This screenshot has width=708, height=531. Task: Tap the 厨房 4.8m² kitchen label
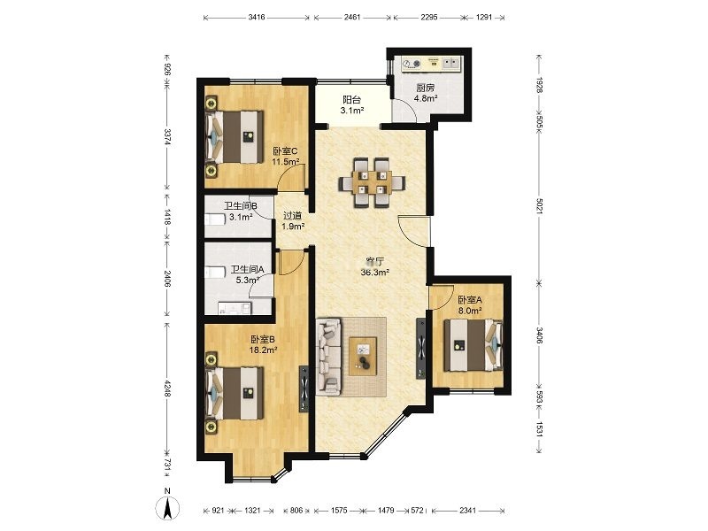point(426,93)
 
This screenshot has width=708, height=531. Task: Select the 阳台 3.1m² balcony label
point(351,104)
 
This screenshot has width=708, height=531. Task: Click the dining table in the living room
point(373,182)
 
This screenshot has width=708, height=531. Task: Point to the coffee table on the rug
point(363,356)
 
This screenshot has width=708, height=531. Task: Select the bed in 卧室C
point(235,136)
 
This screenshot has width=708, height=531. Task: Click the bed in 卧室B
point(235,393)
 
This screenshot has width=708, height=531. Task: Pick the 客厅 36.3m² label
point(374,267)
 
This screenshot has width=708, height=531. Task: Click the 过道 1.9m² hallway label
point(293,220)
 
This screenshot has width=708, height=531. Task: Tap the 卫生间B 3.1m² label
point(241,212)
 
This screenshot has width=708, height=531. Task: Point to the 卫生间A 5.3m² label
point(248,274)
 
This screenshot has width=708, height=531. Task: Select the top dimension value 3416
point(257,18)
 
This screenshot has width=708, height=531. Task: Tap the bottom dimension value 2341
point(468,511)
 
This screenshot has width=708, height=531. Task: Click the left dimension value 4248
point(167,389)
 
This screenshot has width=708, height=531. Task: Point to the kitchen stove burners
point(412,64)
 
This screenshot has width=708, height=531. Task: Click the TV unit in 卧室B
point(304,389)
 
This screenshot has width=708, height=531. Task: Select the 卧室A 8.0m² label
point(470,304)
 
